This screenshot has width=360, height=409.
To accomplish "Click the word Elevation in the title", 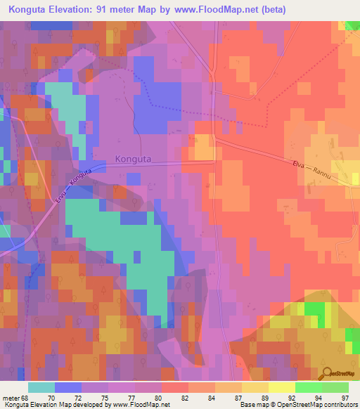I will click(83, 9).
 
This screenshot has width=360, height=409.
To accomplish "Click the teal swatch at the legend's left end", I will click(41, 387).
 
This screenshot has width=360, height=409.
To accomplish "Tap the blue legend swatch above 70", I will click(67, 387).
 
